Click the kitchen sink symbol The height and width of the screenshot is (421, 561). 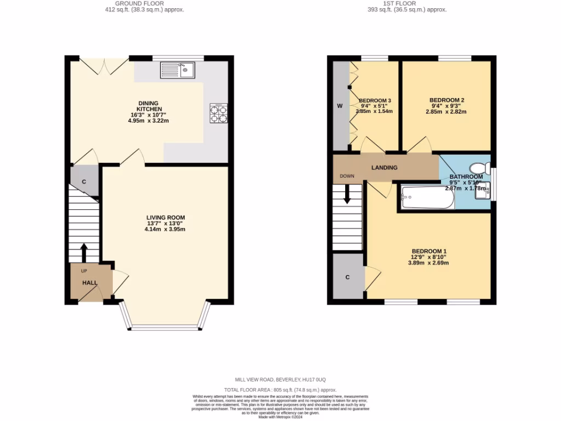(x=177, y=70)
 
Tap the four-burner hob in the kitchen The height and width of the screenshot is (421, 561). (x=219, y=113)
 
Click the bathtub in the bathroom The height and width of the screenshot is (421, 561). (x=427, y=197)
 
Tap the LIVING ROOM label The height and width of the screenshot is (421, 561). (x=165, y=218)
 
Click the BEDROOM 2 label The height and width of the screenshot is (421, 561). (x=446, y=100)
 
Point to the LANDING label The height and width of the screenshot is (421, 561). (x=384, y=168)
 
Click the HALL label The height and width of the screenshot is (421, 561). (x=90, y=283)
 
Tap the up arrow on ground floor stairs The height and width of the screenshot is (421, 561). (x=84, y=253)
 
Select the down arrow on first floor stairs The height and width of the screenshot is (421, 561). (x=347, y=194)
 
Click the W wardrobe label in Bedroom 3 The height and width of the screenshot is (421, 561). (x=340, y=106)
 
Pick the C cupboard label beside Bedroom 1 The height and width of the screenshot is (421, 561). (x=347, y=277)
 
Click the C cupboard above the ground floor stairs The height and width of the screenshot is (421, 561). (x=84, y=181)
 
